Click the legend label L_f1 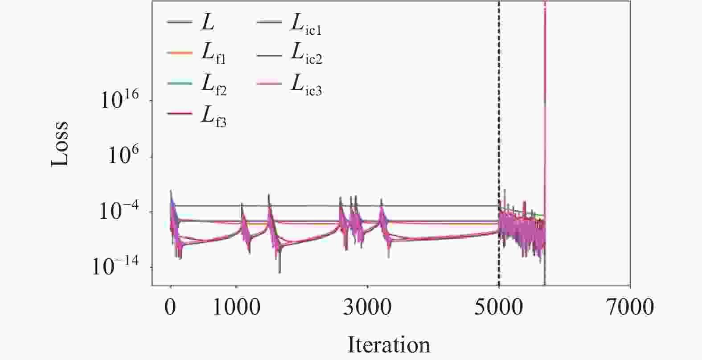tap(213, 53)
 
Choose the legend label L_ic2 tap(306, 53)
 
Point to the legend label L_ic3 tap(306, 84)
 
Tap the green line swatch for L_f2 tap(180, 83)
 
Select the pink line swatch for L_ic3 tap(269, 83)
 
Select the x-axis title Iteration tap(389, 345)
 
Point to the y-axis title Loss tap(60, 144)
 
